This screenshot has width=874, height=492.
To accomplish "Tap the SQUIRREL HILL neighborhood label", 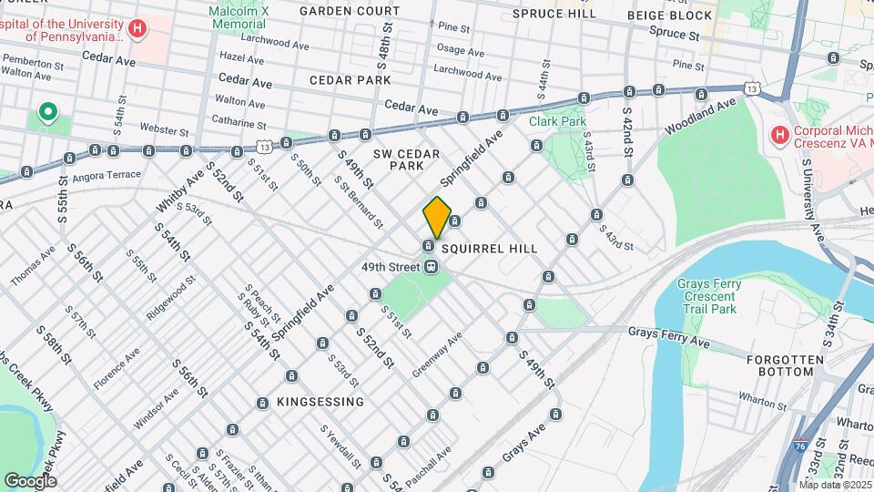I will pyautogui.click(x=490, y=248).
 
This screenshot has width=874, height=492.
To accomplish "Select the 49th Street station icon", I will pyautogui.click(x=432, y=267).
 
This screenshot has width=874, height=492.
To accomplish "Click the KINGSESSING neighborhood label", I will pyautogui.click(x=310, y=401).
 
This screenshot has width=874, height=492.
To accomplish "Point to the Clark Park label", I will pyautogui.click(x=558, y=120).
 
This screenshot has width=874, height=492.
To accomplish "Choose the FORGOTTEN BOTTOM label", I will pyautogui.click(x=779, y=365).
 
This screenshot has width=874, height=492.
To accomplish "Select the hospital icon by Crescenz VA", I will pyautogui.click(x=779, y=136).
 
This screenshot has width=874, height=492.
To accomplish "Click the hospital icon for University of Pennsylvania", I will pyautogui.click(x=137, y=29).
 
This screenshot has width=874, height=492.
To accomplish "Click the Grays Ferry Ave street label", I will pyautogui.click(x=668, y=337).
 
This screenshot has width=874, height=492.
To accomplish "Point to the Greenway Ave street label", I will pyautogui.click(x=437, y=353).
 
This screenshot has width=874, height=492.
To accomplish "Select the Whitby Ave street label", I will pyautogui.click(x=192, y=184).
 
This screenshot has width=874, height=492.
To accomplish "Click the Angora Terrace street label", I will pyautogui.click(x=107, y=175).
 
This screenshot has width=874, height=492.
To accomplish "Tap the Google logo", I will pyautogui.click(x=30, y=480).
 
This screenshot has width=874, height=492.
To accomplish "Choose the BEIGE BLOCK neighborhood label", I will pyautogui.click(x=670, y=15).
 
